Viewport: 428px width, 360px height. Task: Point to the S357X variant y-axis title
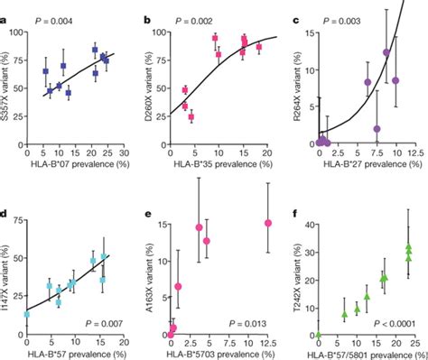tap(8, 88)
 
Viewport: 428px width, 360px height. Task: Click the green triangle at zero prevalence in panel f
tap(318, 335)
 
